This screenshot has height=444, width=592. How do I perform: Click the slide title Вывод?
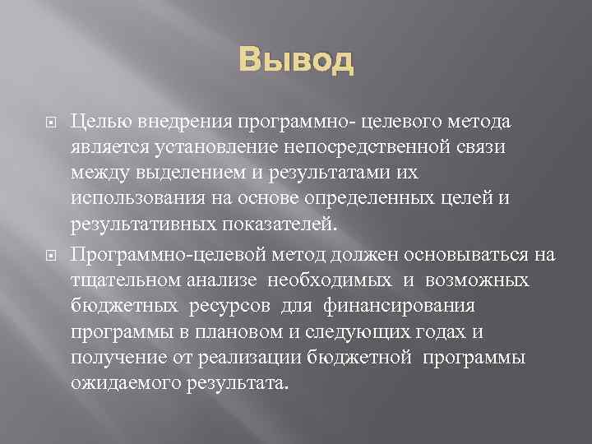click(297, 61)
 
